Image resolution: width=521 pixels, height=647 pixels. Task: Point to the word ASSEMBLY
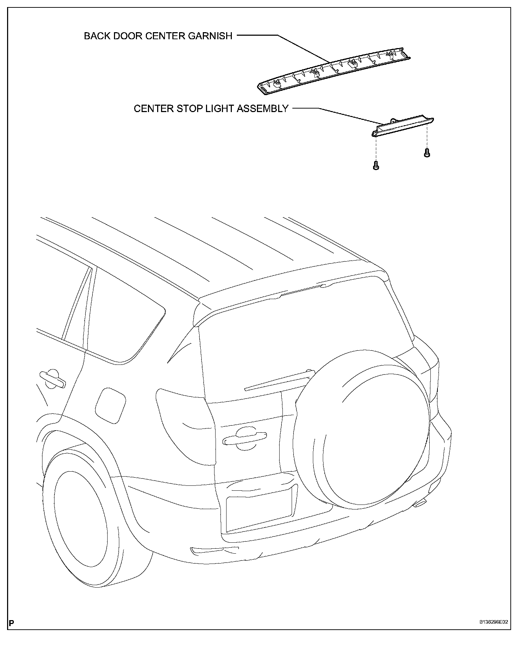pyautogui.click(x=263, y=109)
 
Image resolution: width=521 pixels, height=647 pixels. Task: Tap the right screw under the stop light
pyautogui.click(x=426, y=153)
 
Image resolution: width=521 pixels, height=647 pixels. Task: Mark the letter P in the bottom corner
pyautogui.click(x=12, y=623)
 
